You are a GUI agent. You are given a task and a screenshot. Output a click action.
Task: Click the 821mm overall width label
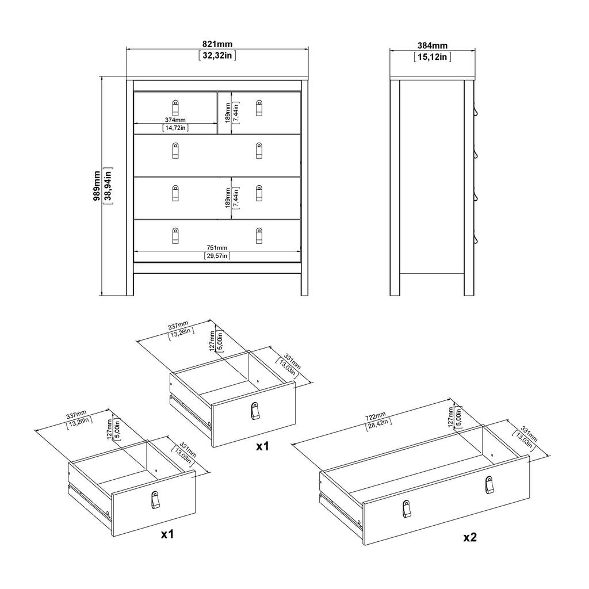coord(217,45)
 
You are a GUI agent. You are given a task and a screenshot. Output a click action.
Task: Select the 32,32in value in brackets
coord(217,56)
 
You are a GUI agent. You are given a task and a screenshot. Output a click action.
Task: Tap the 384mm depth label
coord(432,45)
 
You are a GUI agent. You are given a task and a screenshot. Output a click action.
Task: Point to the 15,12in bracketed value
coord(432,56)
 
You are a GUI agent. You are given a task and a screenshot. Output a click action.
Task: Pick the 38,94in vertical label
coord(107,185)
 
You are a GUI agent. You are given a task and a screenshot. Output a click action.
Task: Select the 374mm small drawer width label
coord(175,120)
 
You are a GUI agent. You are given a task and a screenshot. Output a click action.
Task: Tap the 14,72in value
coord(175,128)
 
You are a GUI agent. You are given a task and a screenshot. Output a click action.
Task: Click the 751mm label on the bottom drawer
coord(217,247)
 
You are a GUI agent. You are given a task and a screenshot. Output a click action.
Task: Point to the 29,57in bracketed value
coord(217,255)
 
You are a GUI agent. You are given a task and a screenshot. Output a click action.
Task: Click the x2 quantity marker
coord(470,537)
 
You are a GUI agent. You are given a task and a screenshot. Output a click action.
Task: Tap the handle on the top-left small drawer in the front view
coord(175,107)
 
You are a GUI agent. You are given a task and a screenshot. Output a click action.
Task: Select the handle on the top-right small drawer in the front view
coord(259,108)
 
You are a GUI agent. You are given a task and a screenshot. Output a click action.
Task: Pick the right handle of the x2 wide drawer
coord(489,485)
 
